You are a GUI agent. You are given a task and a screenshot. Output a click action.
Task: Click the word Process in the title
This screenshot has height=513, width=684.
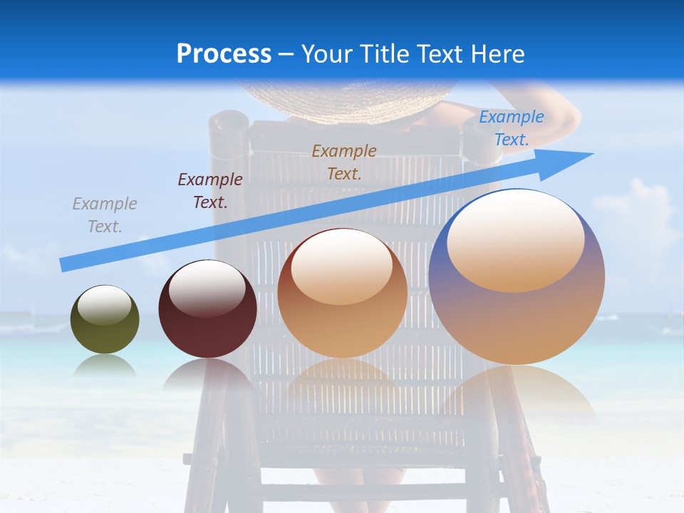tap(224, 54)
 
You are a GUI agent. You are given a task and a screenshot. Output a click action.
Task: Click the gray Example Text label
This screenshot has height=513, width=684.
tap(105, 215)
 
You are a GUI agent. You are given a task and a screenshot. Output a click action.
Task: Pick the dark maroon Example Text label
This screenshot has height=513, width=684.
tap(210, 191)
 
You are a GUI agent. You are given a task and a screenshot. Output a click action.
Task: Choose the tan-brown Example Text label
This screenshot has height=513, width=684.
tap(344, 162)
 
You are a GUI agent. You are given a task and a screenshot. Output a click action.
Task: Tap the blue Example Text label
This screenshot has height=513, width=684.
tap(511, 128)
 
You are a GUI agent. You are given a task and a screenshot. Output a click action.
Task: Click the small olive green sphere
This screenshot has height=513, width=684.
tap(105, 331)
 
